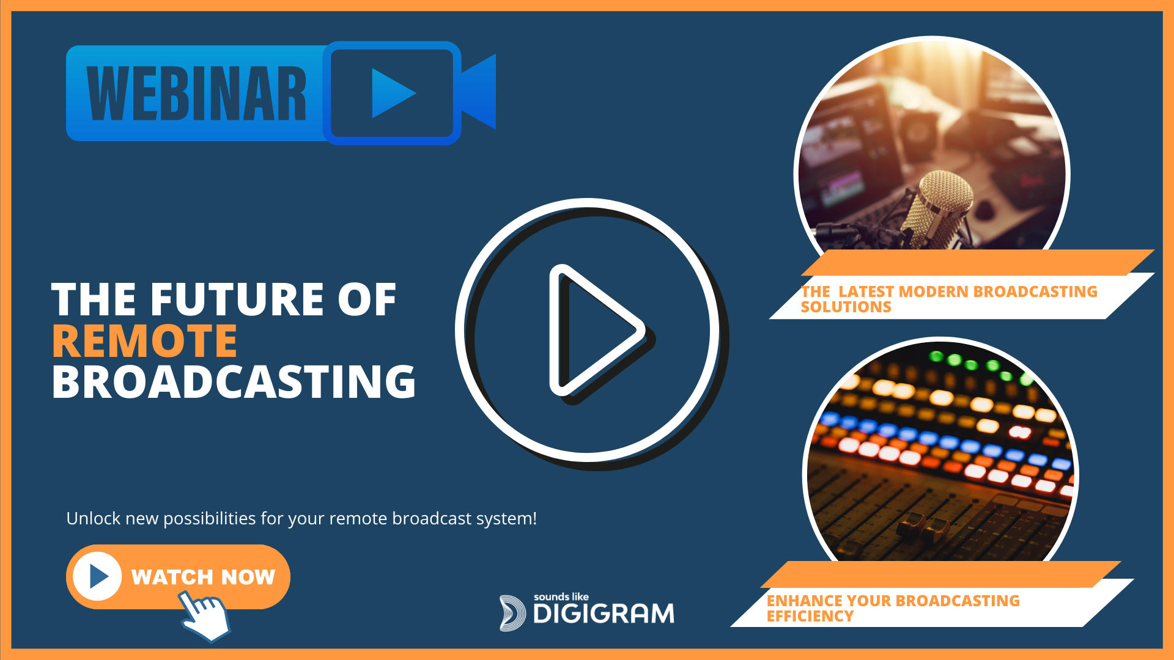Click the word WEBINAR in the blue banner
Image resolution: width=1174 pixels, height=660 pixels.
[196, 94]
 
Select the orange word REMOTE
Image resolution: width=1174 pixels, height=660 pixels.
[145, 340]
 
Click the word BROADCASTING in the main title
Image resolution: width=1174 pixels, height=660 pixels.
[234, 381]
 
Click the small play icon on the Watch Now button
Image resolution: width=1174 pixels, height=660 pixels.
[98, 576]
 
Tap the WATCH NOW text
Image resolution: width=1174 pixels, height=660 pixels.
[203, 577]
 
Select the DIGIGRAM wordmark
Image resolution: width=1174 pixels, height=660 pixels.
[604, 614]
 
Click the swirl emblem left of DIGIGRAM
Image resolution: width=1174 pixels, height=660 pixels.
[512, 613]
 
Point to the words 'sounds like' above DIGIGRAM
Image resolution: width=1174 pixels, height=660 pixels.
[561, 596]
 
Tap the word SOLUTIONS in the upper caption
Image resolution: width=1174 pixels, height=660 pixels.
[846, 307]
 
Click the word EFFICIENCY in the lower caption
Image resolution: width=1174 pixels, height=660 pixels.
[810, 616]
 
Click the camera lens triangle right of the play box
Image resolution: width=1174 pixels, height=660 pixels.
[478, 92]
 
